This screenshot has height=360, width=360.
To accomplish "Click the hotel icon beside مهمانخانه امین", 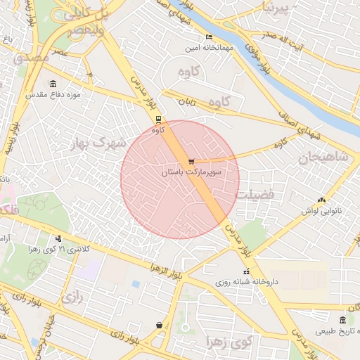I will coord(209,37).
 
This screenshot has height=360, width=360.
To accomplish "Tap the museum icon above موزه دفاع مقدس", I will coord(53,84).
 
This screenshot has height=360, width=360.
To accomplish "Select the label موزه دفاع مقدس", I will coord(53,94).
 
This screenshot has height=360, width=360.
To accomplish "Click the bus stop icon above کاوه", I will coord(158,119).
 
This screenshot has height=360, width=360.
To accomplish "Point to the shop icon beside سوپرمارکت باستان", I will coord(192,162).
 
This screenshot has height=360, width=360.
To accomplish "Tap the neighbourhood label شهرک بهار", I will coord(98,143).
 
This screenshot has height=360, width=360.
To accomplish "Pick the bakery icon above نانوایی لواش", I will coord(321,200).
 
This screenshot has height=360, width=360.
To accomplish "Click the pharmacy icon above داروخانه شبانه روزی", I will coord(246,271).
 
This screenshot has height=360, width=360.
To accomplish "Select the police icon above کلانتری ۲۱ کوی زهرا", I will coord(58,238).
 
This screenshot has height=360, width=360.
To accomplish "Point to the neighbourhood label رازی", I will coord(72,298).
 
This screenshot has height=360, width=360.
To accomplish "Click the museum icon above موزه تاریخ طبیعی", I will coord(342,321).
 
